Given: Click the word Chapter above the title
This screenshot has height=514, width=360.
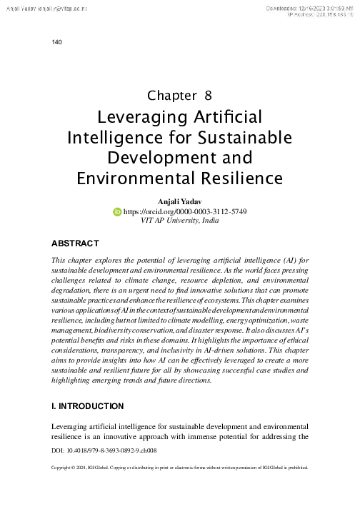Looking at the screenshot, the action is point(171,95).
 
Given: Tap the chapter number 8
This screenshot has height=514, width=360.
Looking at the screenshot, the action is point(208,95).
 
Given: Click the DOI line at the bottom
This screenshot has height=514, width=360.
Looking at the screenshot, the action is point(105,452).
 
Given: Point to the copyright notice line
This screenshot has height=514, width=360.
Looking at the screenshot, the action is point(180,469).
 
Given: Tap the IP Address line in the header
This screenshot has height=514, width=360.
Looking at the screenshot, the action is point(319,14).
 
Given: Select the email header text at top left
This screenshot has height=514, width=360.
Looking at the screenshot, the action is point(48,6).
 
